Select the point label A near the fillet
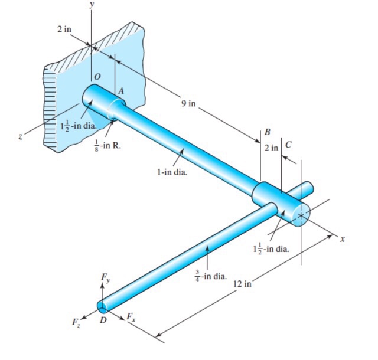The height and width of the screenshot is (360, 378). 121,91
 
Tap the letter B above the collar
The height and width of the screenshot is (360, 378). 268,131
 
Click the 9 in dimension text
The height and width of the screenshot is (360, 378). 188,103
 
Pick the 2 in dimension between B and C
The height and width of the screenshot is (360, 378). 272,147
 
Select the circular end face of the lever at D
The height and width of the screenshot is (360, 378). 103,307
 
